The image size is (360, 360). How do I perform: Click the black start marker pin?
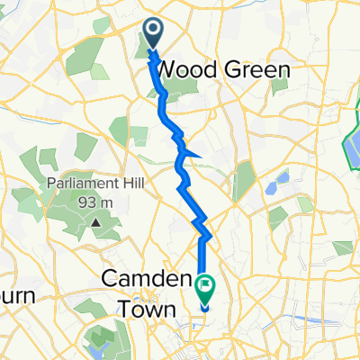pyautogui.click(x=152, y=34)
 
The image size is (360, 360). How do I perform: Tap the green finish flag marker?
pyautogui.click(x=205, y=289)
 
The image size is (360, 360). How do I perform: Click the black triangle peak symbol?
pyautogui.click(x=94, y=220)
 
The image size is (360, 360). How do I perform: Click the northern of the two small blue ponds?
pyautogui.click(x=279, y=179)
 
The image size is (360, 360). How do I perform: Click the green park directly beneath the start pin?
pyautogui.click(x=147, y=63)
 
